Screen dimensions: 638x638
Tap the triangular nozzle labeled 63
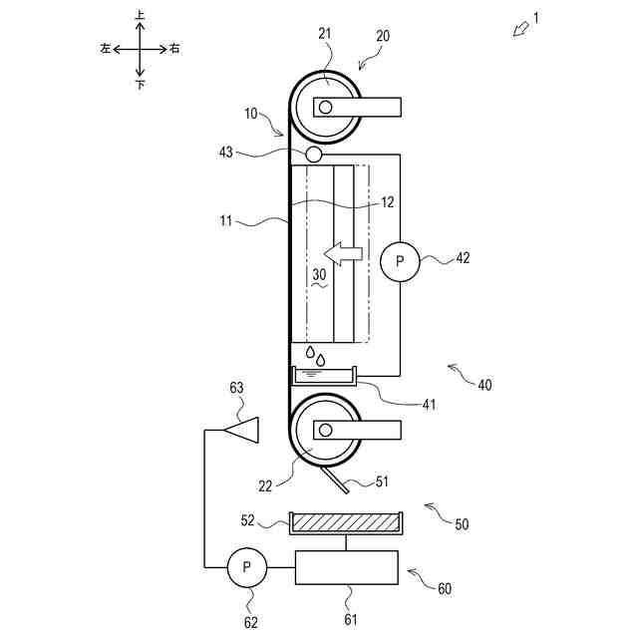pyautogui.click(x=241, y=430)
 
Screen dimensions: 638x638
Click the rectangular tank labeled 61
pyautogui.click(x=346, y=567)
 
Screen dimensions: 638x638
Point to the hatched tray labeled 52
pyautogui.click(x=346, y=523)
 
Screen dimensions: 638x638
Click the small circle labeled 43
pyautogui.click(x=313, y=155)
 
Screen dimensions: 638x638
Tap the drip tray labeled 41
pyautogui.click(x=324, y=376)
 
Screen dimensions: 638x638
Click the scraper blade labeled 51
pyautogui.click(x=335, y=480)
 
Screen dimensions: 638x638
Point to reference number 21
pyautogui.click(x=325, y=34)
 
